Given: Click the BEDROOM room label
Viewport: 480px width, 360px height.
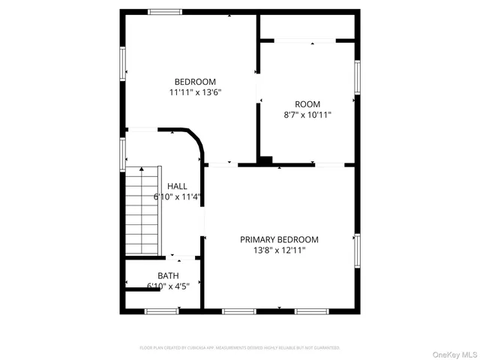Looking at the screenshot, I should point(195,82).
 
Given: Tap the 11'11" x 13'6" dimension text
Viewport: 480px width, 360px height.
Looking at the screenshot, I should point(195,92).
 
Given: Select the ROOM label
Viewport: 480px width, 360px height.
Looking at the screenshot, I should point(307,104).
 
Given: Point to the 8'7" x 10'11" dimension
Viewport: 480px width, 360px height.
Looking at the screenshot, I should point(307,115).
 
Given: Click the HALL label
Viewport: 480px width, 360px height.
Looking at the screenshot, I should point(178,186).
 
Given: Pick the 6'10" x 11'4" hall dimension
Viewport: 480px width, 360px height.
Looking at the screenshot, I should point(178,197).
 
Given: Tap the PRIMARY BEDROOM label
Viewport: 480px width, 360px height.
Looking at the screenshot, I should point(279,239).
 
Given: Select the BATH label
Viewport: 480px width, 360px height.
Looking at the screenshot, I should point(168,275).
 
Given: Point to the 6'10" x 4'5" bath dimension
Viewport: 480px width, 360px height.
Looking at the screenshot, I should point(168,286).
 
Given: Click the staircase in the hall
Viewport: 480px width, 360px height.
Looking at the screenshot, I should point(142,211).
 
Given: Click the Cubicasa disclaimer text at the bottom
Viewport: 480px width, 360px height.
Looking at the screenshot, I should point(240,348).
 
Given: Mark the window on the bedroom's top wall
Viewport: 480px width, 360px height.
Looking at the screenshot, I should point(165,11).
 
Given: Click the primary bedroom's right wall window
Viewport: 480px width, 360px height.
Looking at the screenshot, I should point(358,250).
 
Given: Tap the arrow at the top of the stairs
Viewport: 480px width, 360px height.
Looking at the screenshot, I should point(141,169).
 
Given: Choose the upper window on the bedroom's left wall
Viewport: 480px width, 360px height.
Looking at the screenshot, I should point(122,63).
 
